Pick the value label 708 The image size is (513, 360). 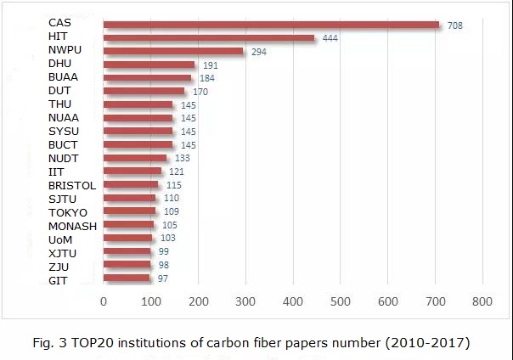coord(455,26)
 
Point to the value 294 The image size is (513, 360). coord(259,52)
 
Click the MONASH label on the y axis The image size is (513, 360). coord(72,226)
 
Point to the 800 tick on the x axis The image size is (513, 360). coord(482,301)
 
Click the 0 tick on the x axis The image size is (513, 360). coord(104,301)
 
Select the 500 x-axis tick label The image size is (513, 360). coord(341,301)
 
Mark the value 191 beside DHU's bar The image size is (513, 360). coord(209,65)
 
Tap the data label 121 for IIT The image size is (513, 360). coord(177,172)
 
